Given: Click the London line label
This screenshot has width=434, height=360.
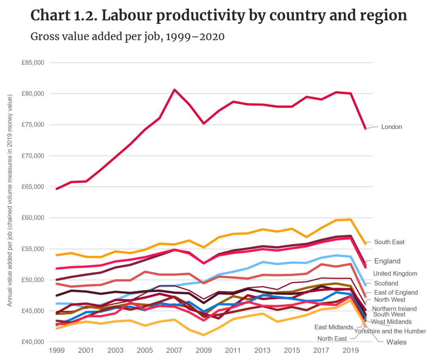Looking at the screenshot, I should [x=392, y=127].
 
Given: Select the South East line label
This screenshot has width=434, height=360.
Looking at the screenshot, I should [x=389, y=242].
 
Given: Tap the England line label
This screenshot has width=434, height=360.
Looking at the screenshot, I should [x=387, y=261].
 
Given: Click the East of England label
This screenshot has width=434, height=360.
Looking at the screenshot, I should [x=396, y=293].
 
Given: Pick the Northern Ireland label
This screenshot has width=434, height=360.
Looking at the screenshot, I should [x=394, y=309].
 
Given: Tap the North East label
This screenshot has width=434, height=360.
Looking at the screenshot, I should [x=332, y=338].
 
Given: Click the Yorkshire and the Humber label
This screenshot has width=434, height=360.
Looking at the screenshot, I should [x=390, y=331].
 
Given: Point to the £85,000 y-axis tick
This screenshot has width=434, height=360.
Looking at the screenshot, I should [x=33, y=63].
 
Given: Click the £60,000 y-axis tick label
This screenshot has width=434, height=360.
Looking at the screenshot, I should [x=33, y=218].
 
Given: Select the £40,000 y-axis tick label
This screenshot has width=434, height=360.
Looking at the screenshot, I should [x=33, y=342].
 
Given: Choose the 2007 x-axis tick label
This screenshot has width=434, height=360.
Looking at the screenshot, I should [x=174, y=352].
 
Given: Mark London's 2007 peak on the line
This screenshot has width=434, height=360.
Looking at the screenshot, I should [x=174, y=89].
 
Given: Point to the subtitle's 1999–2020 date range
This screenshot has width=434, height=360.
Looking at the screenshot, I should [x=195, y=37].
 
